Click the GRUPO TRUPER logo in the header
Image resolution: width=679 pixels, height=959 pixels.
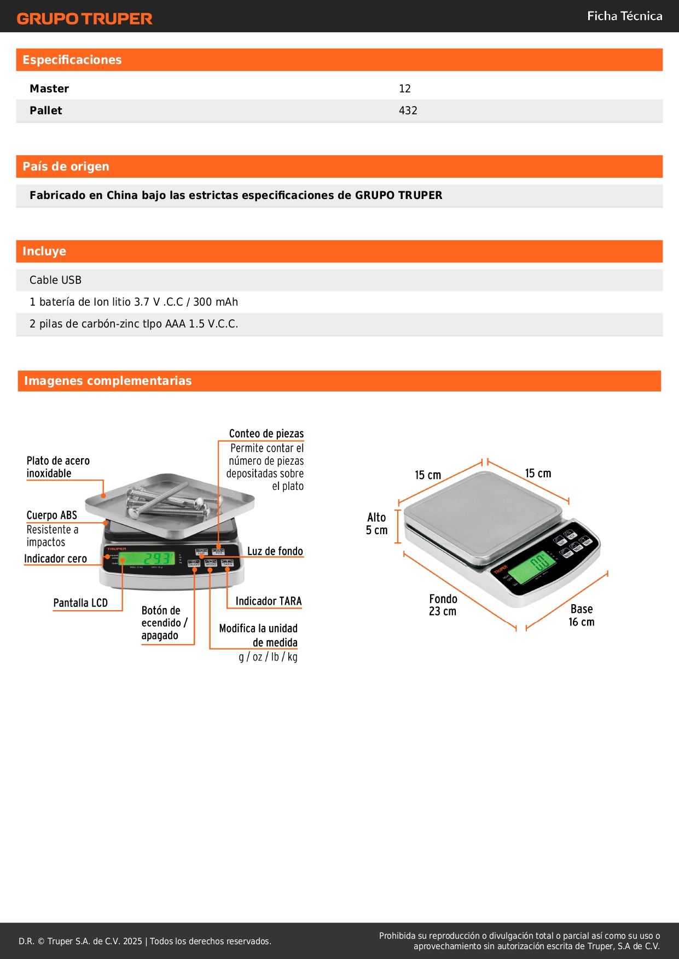click(84, 19)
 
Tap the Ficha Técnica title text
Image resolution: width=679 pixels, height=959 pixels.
click(624, 16)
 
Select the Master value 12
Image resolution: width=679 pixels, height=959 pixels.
click(405, 89)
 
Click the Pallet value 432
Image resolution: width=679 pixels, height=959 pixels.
click(408, 110)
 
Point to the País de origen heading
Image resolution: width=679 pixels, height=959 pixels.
click(66, 167)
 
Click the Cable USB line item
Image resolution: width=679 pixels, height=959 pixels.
click(55, 280)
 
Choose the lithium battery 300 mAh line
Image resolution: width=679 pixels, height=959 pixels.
click(134, 302)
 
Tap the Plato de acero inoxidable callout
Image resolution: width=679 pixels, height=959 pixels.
click(58, 467)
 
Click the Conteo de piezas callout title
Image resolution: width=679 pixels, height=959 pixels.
click(266, 434)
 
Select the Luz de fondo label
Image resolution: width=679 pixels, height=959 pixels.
click(275, 551)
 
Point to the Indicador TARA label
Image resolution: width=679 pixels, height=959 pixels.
click(268, 601)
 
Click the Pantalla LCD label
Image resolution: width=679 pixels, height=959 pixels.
click(80, 603)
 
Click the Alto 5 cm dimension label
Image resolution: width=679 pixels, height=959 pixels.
click(376, 524)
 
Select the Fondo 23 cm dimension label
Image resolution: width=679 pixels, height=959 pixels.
click(443, 605)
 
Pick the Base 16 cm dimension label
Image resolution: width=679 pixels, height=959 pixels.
click(581, 615)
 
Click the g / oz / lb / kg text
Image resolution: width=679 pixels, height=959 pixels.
click(268, 657)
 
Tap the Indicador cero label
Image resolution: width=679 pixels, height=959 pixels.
click(55, 559)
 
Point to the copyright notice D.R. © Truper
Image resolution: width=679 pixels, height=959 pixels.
click(144, 941)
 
